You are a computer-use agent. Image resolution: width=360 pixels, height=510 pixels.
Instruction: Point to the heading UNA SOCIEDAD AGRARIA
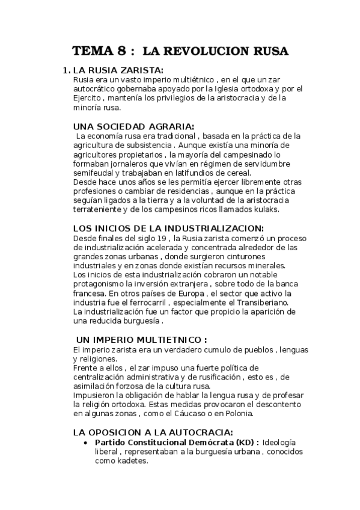click(x=133, y=126)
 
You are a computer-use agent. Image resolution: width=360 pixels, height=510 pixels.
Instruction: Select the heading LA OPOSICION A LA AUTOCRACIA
click(x=153, y=432)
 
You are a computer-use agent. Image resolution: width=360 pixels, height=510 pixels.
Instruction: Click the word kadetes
click(x=129, y=461)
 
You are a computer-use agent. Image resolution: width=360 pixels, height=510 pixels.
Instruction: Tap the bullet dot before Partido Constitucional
click(x=89, y=443)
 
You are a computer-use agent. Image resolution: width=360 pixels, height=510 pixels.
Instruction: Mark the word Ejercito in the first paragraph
click(x=87, y=99)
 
